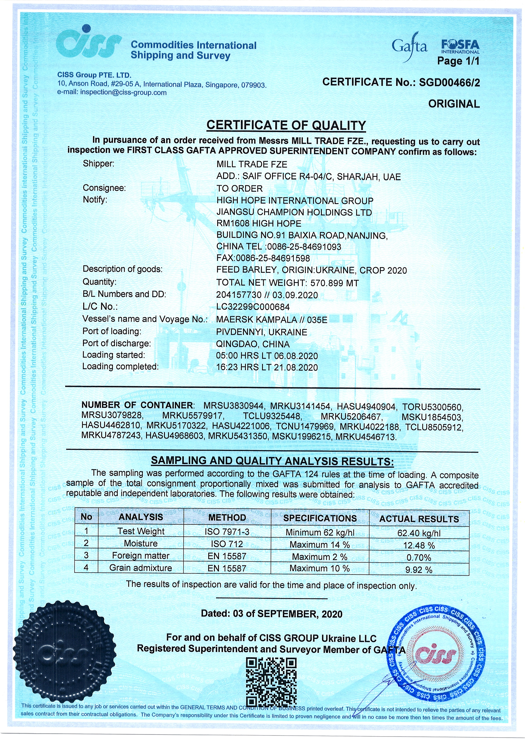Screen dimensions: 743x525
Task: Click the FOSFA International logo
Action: [x=460, y=46]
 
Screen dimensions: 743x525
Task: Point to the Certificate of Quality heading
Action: [x=286, y=126]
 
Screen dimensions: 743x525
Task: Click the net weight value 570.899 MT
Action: [x=334, y=283]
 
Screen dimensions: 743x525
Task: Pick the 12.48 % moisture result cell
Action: [x=419, y=546]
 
